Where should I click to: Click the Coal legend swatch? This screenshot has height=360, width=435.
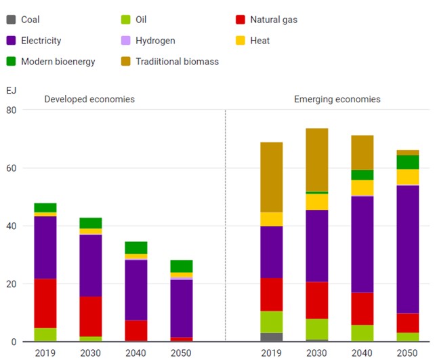click(11, 20)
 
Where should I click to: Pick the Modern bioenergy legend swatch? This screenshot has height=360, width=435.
click(11, 62)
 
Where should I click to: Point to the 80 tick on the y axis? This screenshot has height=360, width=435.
click(11, 110)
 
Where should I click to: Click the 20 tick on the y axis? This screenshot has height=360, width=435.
click(11, 284)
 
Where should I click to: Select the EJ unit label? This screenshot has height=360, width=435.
click(11, 90)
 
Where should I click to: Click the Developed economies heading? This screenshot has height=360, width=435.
click(89, 99)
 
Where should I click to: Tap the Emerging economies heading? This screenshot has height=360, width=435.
click(337, 99)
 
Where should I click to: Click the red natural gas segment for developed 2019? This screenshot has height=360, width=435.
click(45, 303)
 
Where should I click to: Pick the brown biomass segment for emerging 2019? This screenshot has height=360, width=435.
click(272, 177)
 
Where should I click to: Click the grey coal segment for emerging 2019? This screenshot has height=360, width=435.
click(272, 337)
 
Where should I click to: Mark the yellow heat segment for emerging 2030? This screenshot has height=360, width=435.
click(316, 202)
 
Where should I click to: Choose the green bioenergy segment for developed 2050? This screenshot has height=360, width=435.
click(181, 266)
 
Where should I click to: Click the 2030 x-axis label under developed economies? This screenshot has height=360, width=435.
click(91, 353)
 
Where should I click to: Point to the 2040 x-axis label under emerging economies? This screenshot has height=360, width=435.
click(362, 353)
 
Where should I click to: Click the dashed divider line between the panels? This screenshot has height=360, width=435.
click(226, 224)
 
